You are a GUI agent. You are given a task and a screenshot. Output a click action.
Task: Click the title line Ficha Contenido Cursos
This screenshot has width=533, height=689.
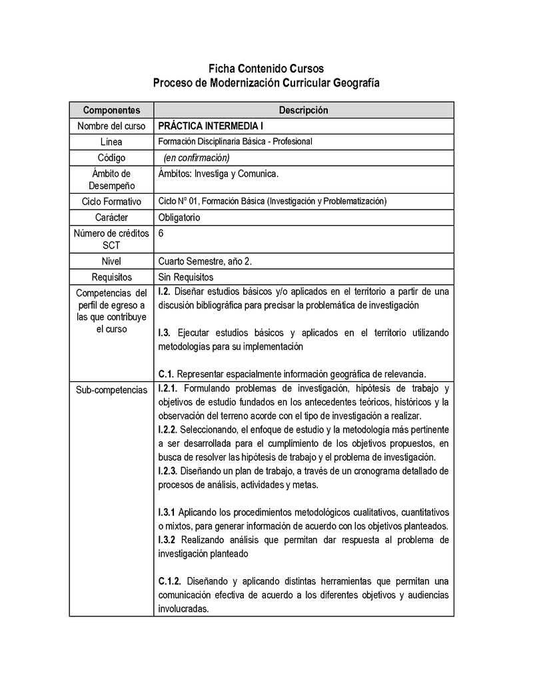pyautogui.click(x=266, y=69)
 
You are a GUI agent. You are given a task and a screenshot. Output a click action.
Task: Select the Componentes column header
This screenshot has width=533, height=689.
pyautogui.click(x=111, y=110)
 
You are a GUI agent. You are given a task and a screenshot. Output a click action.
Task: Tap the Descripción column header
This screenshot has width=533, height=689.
pyautogui.click(x=303, y=110)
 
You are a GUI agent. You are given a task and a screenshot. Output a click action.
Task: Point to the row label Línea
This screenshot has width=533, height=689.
pyautogui.click(x=111, y=142)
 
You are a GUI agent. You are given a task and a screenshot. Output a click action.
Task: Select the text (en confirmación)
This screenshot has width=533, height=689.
pyautogui.click(x=196, y=158)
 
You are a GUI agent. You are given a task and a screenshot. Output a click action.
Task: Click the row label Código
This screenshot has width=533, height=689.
pyautogui.click(x=111, y=158)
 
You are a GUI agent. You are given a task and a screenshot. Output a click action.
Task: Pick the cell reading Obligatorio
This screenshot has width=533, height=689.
pyautogui.click(x=179, y=217)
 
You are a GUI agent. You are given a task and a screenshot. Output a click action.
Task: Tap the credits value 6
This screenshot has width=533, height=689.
pyautogui.click(x=162, y=234)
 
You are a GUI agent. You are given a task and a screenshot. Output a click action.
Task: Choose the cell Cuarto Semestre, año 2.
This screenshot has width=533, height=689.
pyautogui.click(x=205, y=261)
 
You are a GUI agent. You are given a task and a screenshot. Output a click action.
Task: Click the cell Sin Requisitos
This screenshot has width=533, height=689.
pyautogui.click(x=186, y=277)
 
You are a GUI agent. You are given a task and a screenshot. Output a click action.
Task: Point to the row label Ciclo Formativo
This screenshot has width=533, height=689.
pyautogui.click(x=111, y=201)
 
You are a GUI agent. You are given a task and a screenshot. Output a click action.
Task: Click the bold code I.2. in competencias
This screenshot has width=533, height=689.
pyautogui.click(x=165, y=292)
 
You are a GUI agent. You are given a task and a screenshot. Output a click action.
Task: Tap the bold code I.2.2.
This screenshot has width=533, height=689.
pyautogui.click(x=168, y=429)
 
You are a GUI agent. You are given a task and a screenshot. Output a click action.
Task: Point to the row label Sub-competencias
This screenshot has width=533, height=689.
pyautogui.click(x=111, y=389)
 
